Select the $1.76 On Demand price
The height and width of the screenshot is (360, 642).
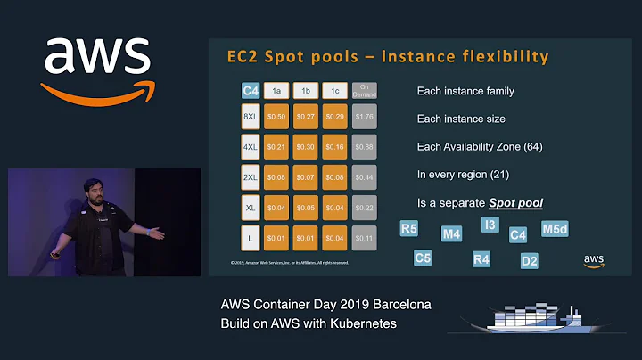(364, 117)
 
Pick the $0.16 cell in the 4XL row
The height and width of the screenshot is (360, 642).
(335, 147)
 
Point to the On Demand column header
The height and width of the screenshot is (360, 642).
(364, 90)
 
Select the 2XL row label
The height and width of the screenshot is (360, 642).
(251, 178)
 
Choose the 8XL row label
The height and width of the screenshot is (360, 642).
(251, 117)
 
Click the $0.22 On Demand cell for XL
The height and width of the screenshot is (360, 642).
(364, 208)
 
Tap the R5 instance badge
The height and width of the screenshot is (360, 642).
(409, 229)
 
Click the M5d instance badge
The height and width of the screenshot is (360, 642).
(555, 229)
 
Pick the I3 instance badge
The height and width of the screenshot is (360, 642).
(490, 225)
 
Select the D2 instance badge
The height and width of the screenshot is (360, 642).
(530, 261)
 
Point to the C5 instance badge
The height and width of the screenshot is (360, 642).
(424, 258)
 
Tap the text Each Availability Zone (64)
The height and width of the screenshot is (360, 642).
(479, 146)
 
